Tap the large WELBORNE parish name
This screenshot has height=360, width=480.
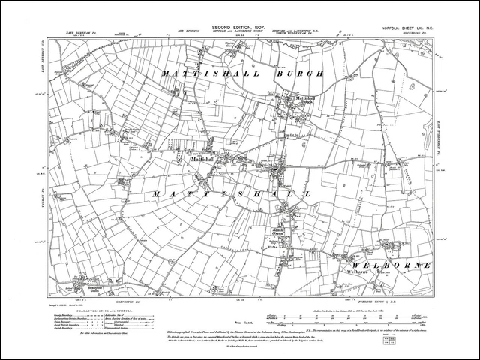pyautogui.click(x=390, y=265)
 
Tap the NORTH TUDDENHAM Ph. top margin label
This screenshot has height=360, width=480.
pyautogui.click(x=300, y=35)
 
